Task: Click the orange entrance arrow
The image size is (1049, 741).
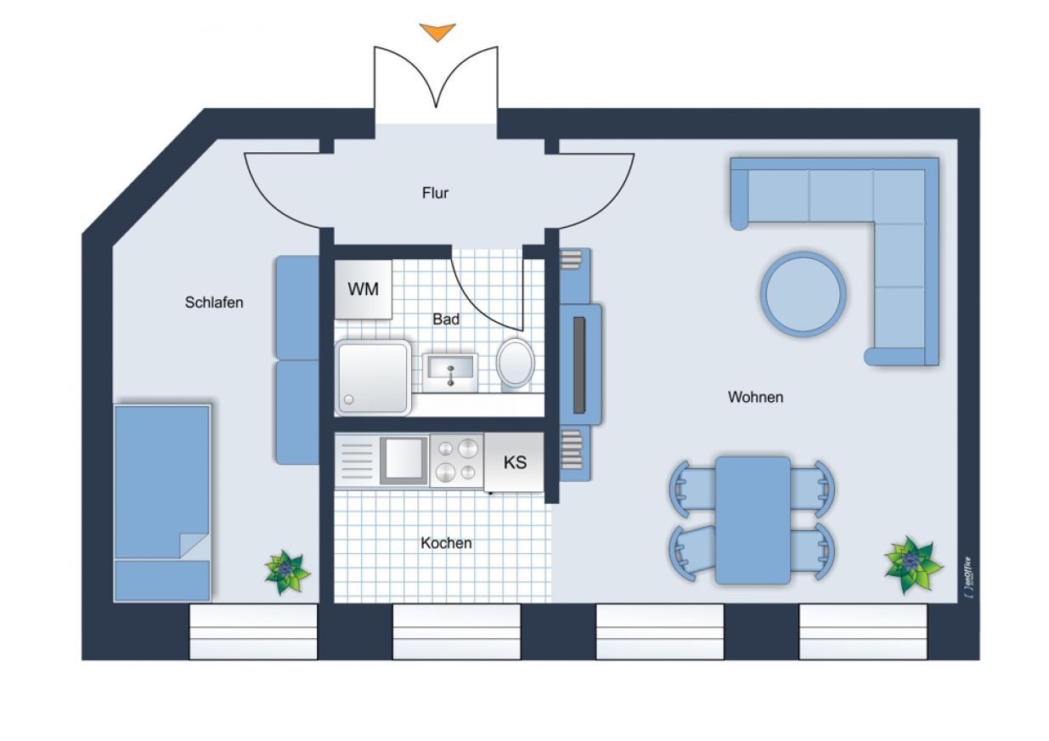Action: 437,31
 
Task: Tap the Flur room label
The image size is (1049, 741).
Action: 435,193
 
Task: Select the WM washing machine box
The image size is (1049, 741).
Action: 364,290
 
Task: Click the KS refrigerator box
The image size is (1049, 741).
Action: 514,462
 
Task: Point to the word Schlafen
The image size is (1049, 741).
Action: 214,303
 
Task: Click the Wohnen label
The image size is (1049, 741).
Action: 755,397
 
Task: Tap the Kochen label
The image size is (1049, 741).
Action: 446,543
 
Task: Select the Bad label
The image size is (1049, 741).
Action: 446,320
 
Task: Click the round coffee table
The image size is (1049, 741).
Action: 804,294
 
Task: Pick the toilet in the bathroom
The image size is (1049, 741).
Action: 515,364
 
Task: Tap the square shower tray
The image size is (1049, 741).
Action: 373,377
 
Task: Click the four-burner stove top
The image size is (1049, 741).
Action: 457,461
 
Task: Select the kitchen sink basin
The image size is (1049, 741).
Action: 403,461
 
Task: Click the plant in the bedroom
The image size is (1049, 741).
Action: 286,572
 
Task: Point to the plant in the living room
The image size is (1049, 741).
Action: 912,564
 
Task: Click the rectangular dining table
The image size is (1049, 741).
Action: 753,520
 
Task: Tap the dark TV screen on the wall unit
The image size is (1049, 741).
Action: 579,365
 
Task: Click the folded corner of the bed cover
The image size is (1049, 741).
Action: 194,546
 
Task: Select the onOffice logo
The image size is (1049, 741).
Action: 968,577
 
